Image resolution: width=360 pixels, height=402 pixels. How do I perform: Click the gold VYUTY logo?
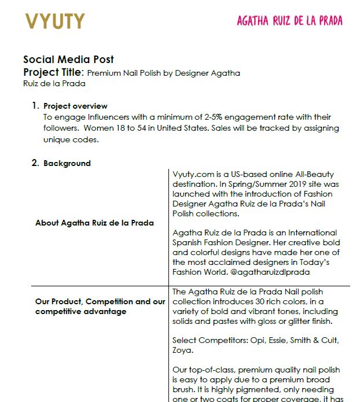point(55,21)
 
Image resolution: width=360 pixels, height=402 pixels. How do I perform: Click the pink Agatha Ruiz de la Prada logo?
point(289,21)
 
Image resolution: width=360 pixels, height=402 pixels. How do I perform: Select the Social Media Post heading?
point(68,60)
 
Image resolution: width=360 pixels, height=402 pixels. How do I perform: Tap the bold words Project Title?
point(53,72)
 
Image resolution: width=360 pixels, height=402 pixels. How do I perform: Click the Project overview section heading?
point(75,106)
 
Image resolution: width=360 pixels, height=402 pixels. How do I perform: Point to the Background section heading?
point(67,163)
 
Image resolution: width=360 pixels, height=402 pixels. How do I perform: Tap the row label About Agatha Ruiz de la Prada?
point(94,223)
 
